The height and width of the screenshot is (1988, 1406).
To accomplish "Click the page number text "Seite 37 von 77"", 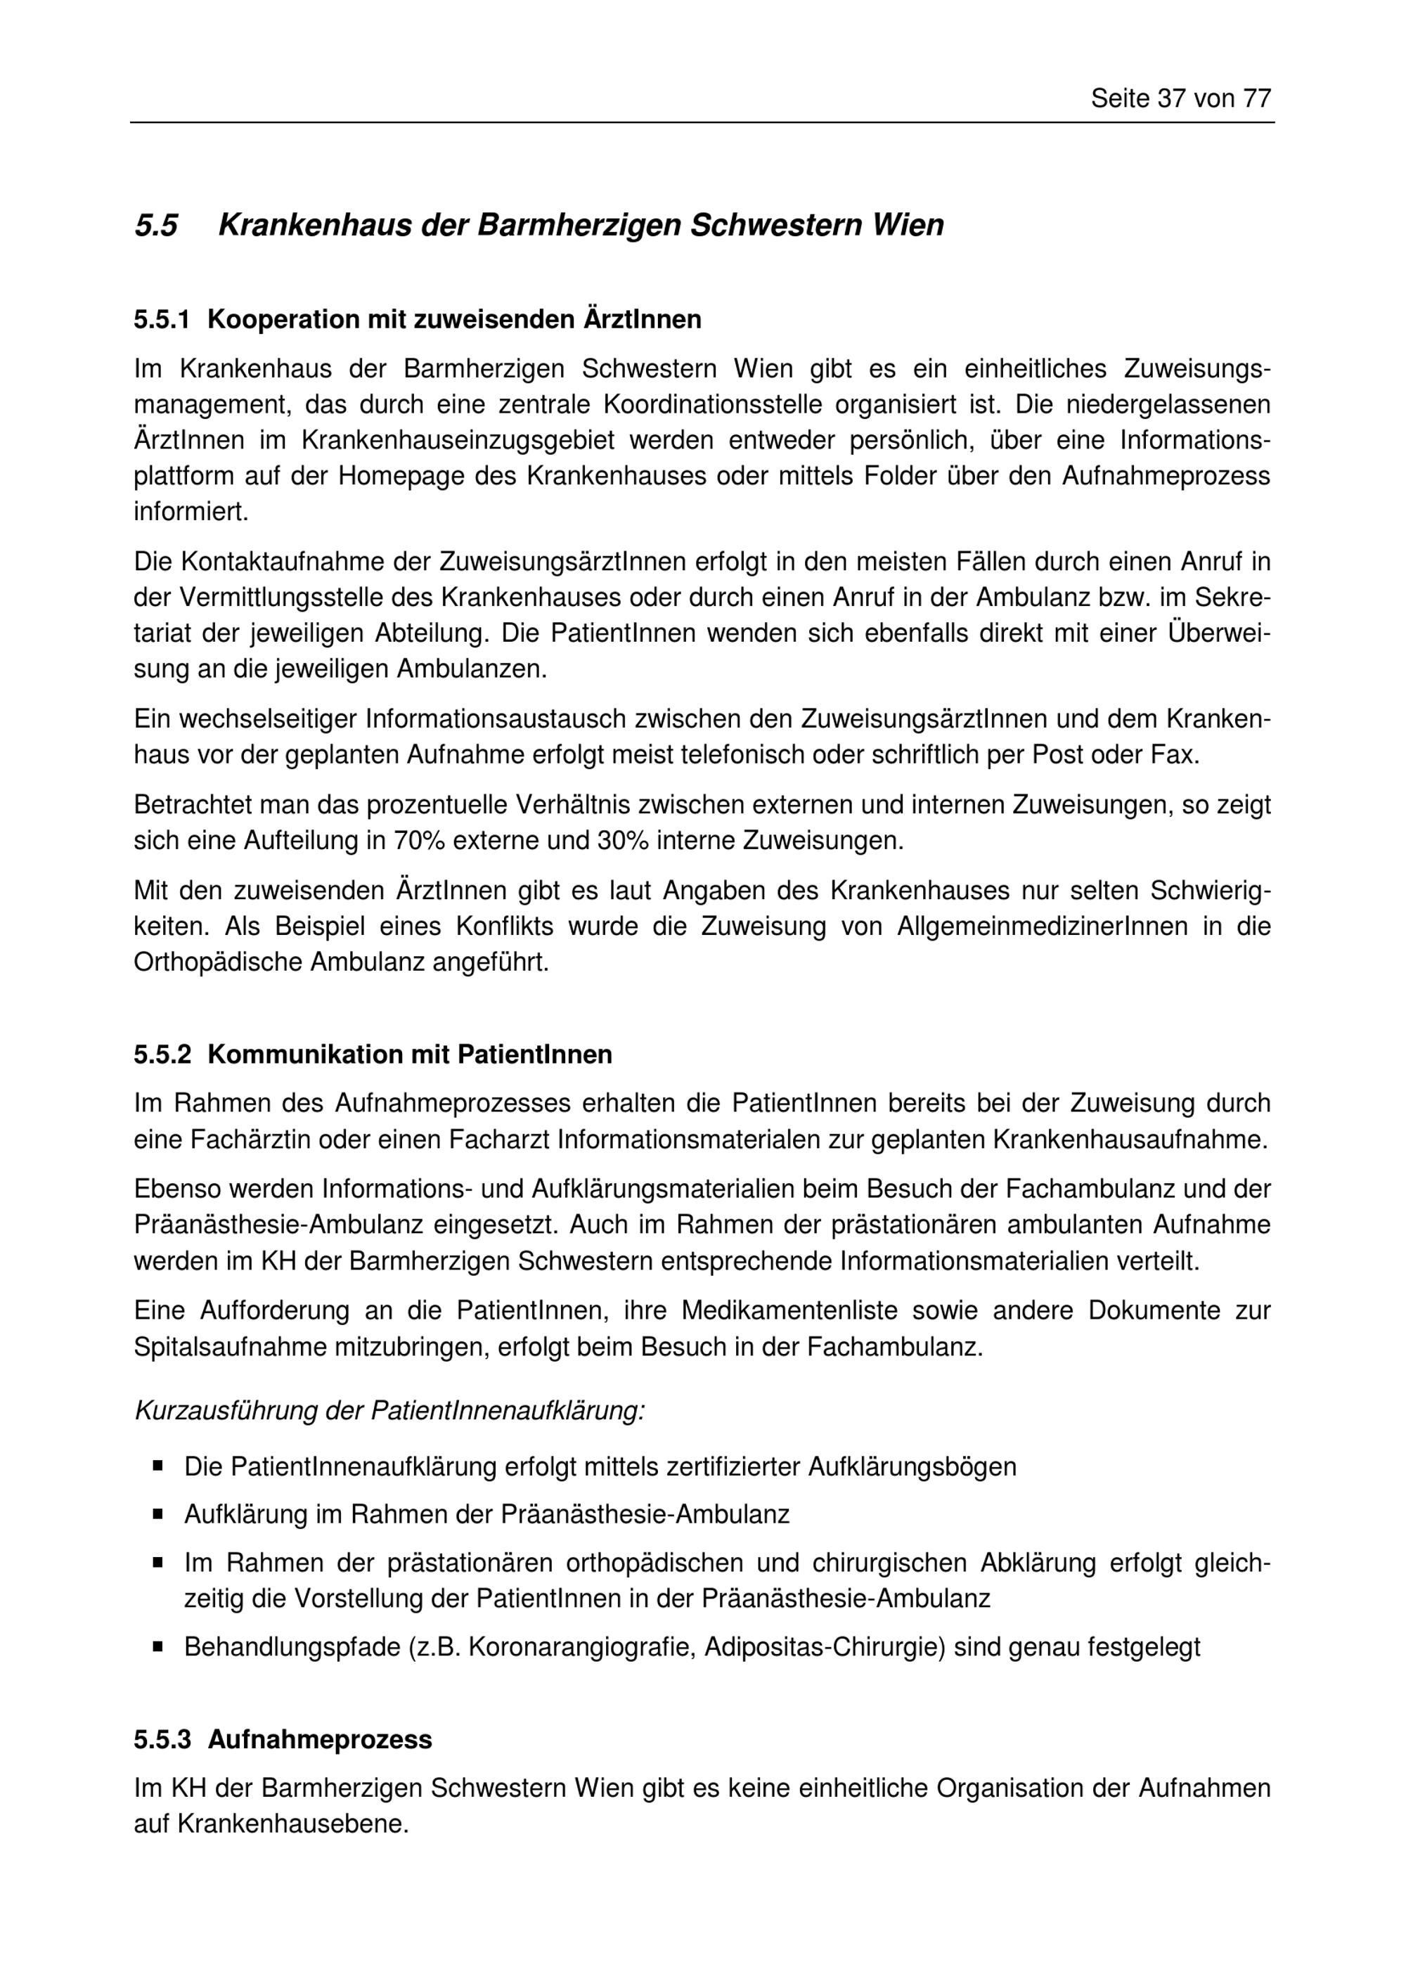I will point(1180,98).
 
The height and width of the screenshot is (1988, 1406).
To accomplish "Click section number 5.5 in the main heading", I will point(156,225).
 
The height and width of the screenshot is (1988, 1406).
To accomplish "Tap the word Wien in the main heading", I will point(908,225).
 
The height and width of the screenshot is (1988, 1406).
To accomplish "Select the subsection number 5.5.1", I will point(161,321).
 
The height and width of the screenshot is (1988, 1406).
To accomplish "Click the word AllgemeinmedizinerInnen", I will point(1043,927).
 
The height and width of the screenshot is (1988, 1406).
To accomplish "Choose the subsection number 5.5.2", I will point(161,1054).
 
